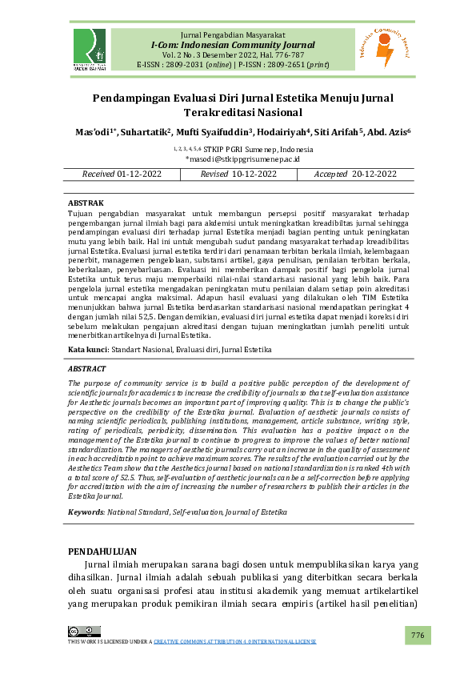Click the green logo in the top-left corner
coord(89,49)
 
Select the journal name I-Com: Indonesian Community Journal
coord(233,46)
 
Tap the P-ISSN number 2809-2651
coord(280,65)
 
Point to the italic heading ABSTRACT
coord(86,369)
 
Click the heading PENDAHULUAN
coord(102,552)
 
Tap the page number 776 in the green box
coord(417,635)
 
